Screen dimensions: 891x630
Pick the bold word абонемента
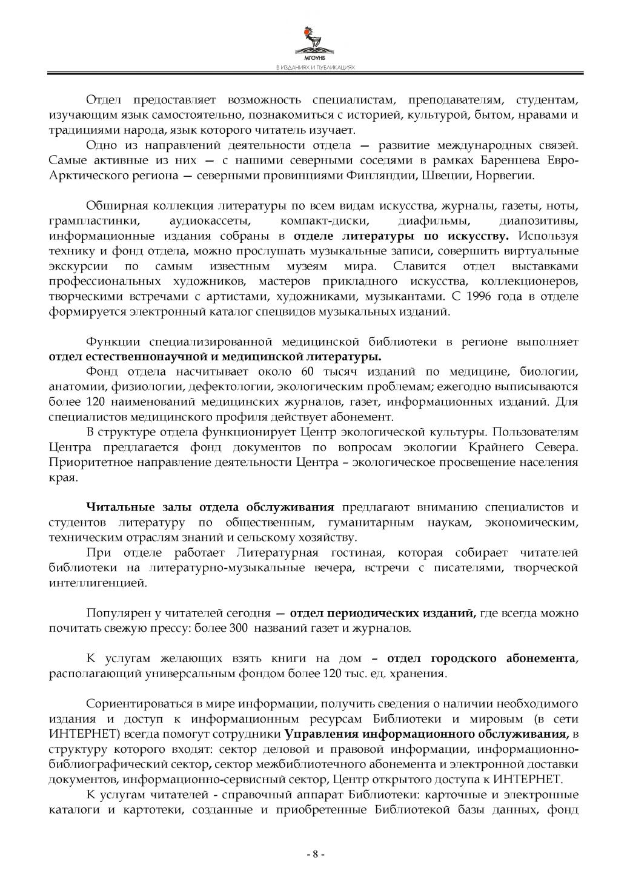(541, 659)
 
